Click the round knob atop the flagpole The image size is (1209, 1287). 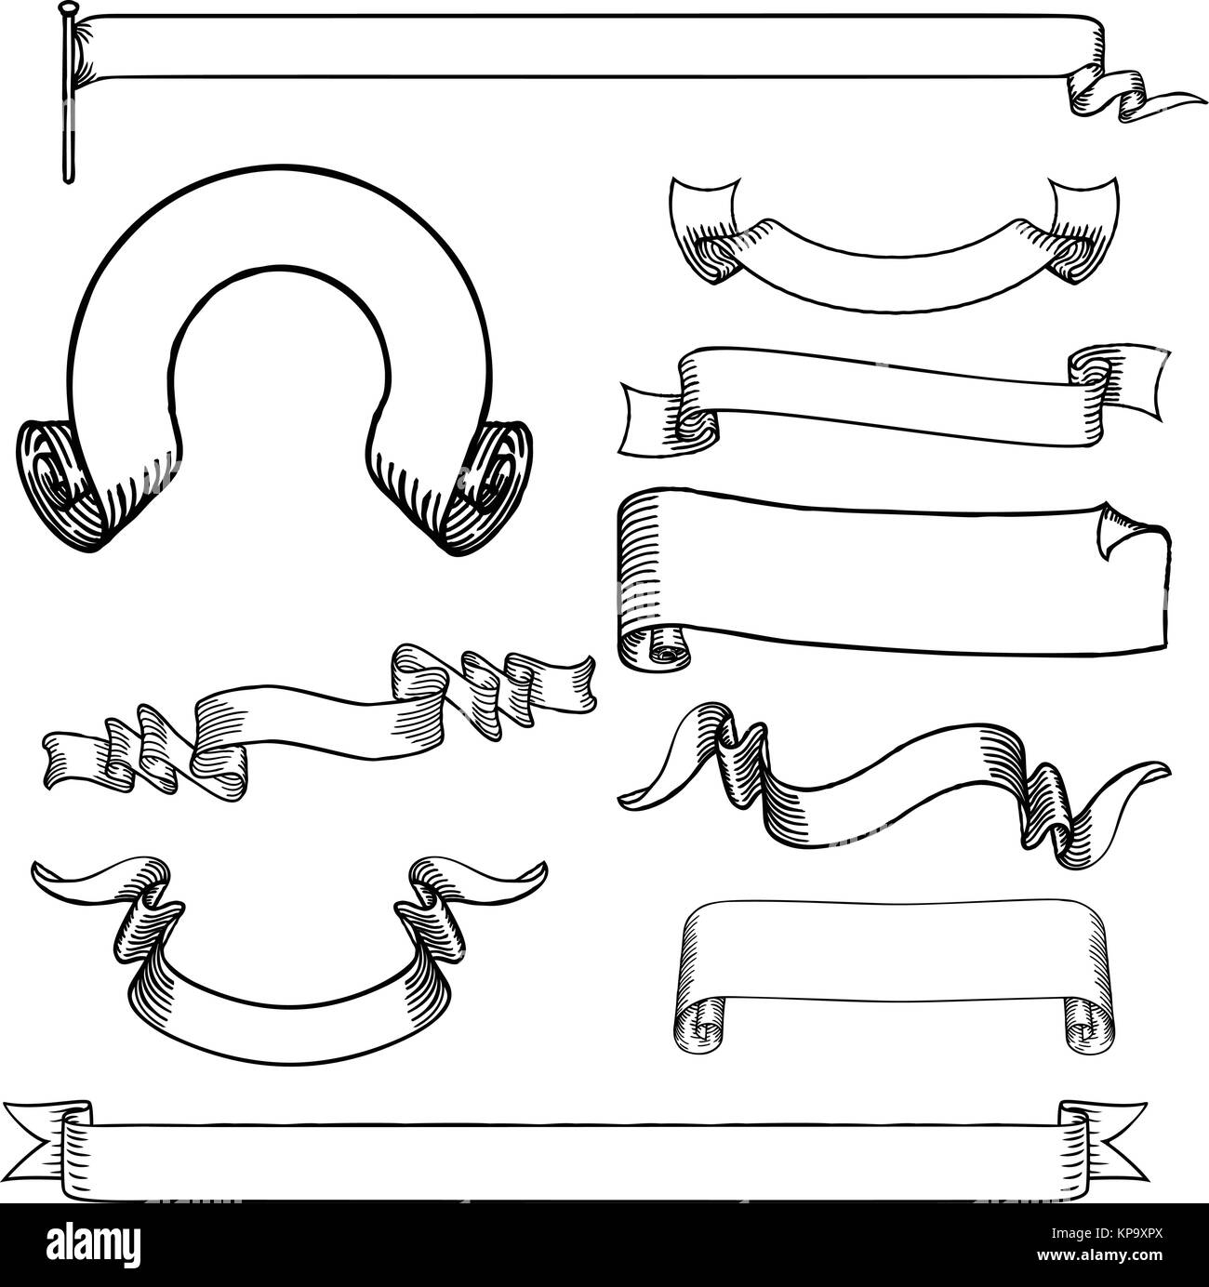click(66, 8)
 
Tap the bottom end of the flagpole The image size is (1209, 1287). click(67, 180)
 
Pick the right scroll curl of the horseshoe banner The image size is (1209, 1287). click(488, 486)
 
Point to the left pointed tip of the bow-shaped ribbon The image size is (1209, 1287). click(33, 866)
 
